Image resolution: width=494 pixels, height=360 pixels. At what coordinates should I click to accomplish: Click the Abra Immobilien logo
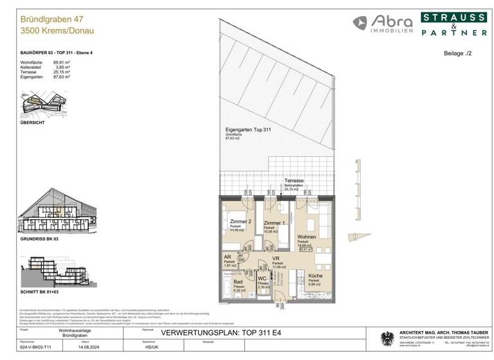click(x=382, y=23)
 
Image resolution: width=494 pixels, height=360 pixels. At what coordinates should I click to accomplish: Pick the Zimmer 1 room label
click(x=275, y=222)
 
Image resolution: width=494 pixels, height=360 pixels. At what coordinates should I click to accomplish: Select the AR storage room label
click(x=227, y=255)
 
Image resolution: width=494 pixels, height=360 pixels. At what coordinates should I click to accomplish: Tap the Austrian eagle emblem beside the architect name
click(x=387, y=338)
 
